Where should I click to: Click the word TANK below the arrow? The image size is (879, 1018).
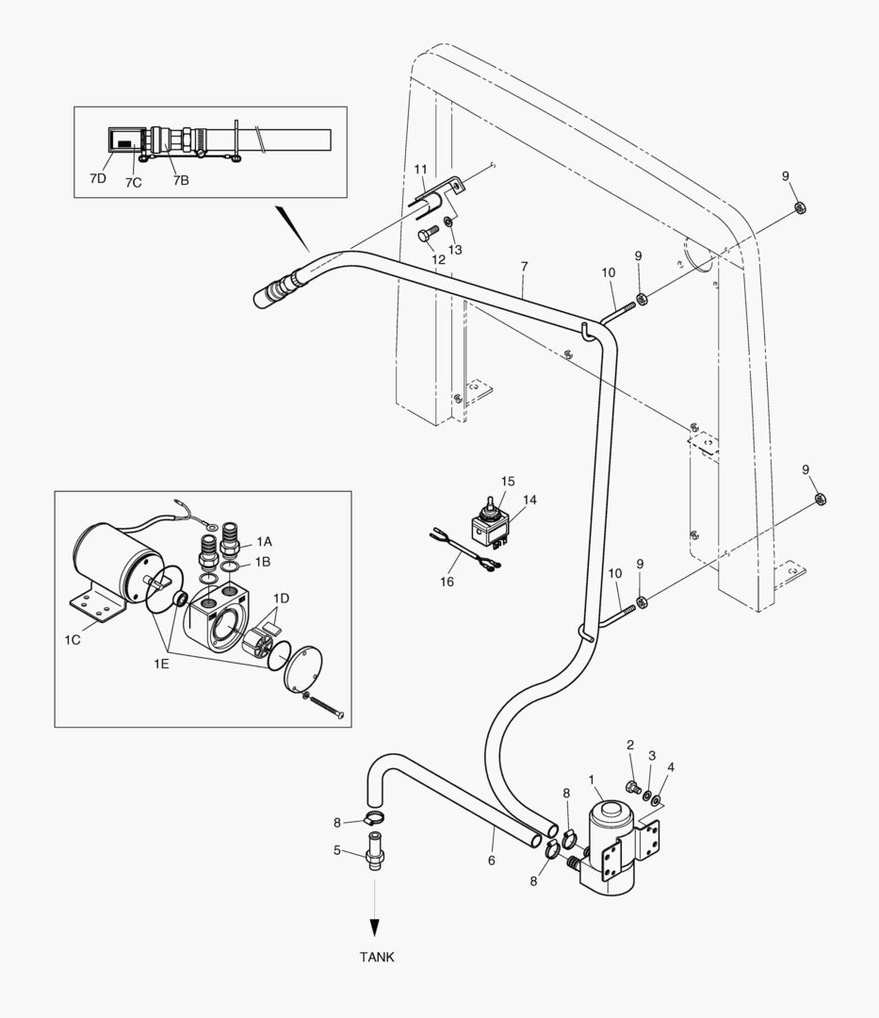(x=377, y=957)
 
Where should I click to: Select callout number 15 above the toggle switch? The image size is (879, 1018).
(x=508, y=482)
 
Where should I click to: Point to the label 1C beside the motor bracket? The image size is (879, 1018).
(x=73, y=640)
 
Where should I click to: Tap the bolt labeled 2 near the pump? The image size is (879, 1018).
(x=633, y=787)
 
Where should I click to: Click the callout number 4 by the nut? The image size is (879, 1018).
(x=671, y=766)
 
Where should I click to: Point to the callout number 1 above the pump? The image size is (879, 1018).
(x=592, y=780)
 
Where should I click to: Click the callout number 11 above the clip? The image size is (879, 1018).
(x=420, y=169)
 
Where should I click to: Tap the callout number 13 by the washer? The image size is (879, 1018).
(x=455, y=250)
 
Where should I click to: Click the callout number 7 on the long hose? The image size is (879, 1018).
(x=525, y=269)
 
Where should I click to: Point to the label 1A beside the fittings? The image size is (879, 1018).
(x=264, y=542)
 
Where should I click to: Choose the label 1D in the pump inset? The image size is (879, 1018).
(x=281, y=599)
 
